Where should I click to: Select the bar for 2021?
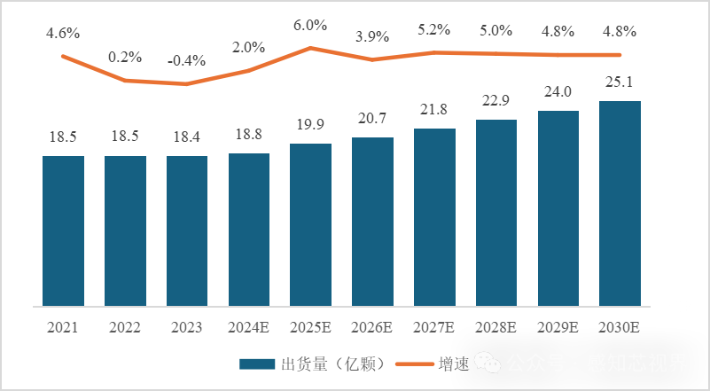63,231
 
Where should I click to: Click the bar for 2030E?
620,203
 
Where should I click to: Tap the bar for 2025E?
310,224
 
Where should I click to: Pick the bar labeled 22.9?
496,213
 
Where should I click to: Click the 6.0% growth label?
310,26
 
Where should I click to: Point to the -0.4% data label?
186,61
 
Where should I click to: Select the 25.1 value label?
620,82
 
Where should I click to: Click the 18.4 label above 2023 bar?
187,138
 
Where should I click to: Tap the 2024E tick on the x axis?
248,327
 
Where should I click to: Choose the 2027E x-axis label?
434,327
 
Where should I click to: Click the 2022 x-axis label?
125,327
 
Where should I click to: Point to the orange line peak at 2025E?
310,47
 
